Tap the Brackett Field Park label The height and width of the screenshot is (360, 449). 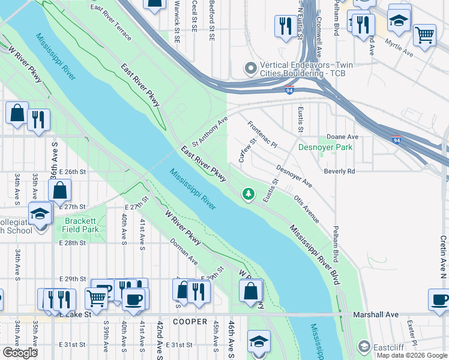click(82, 225)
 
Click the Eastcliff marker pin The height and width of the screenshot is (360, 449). click(363, 346)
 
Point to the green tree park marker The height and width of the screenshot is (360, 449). click(248, 194)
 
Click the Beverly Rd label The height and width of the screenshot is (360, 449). click(339, 171)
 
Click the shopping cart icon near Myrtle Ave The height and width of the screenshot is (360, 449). click(425, 35)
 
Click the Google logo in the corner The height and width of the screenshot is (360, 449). click(19, 353)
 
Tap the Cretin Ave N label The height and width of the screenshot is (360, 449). click(442, 252)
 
